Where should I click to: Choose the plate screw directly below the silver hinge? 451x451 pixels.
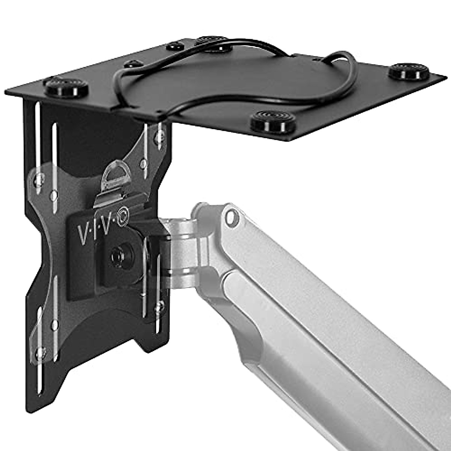161,305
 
